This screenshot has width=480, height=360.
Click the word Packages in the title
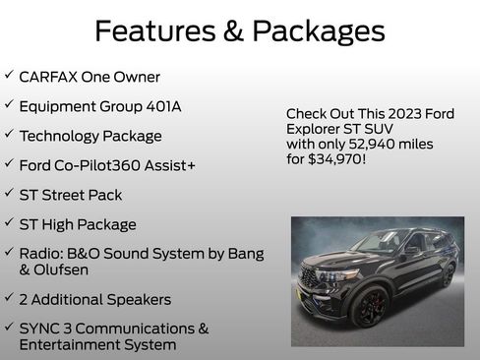coord(318,32)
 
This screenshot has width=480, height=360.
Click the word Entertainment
coord(67,344)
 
